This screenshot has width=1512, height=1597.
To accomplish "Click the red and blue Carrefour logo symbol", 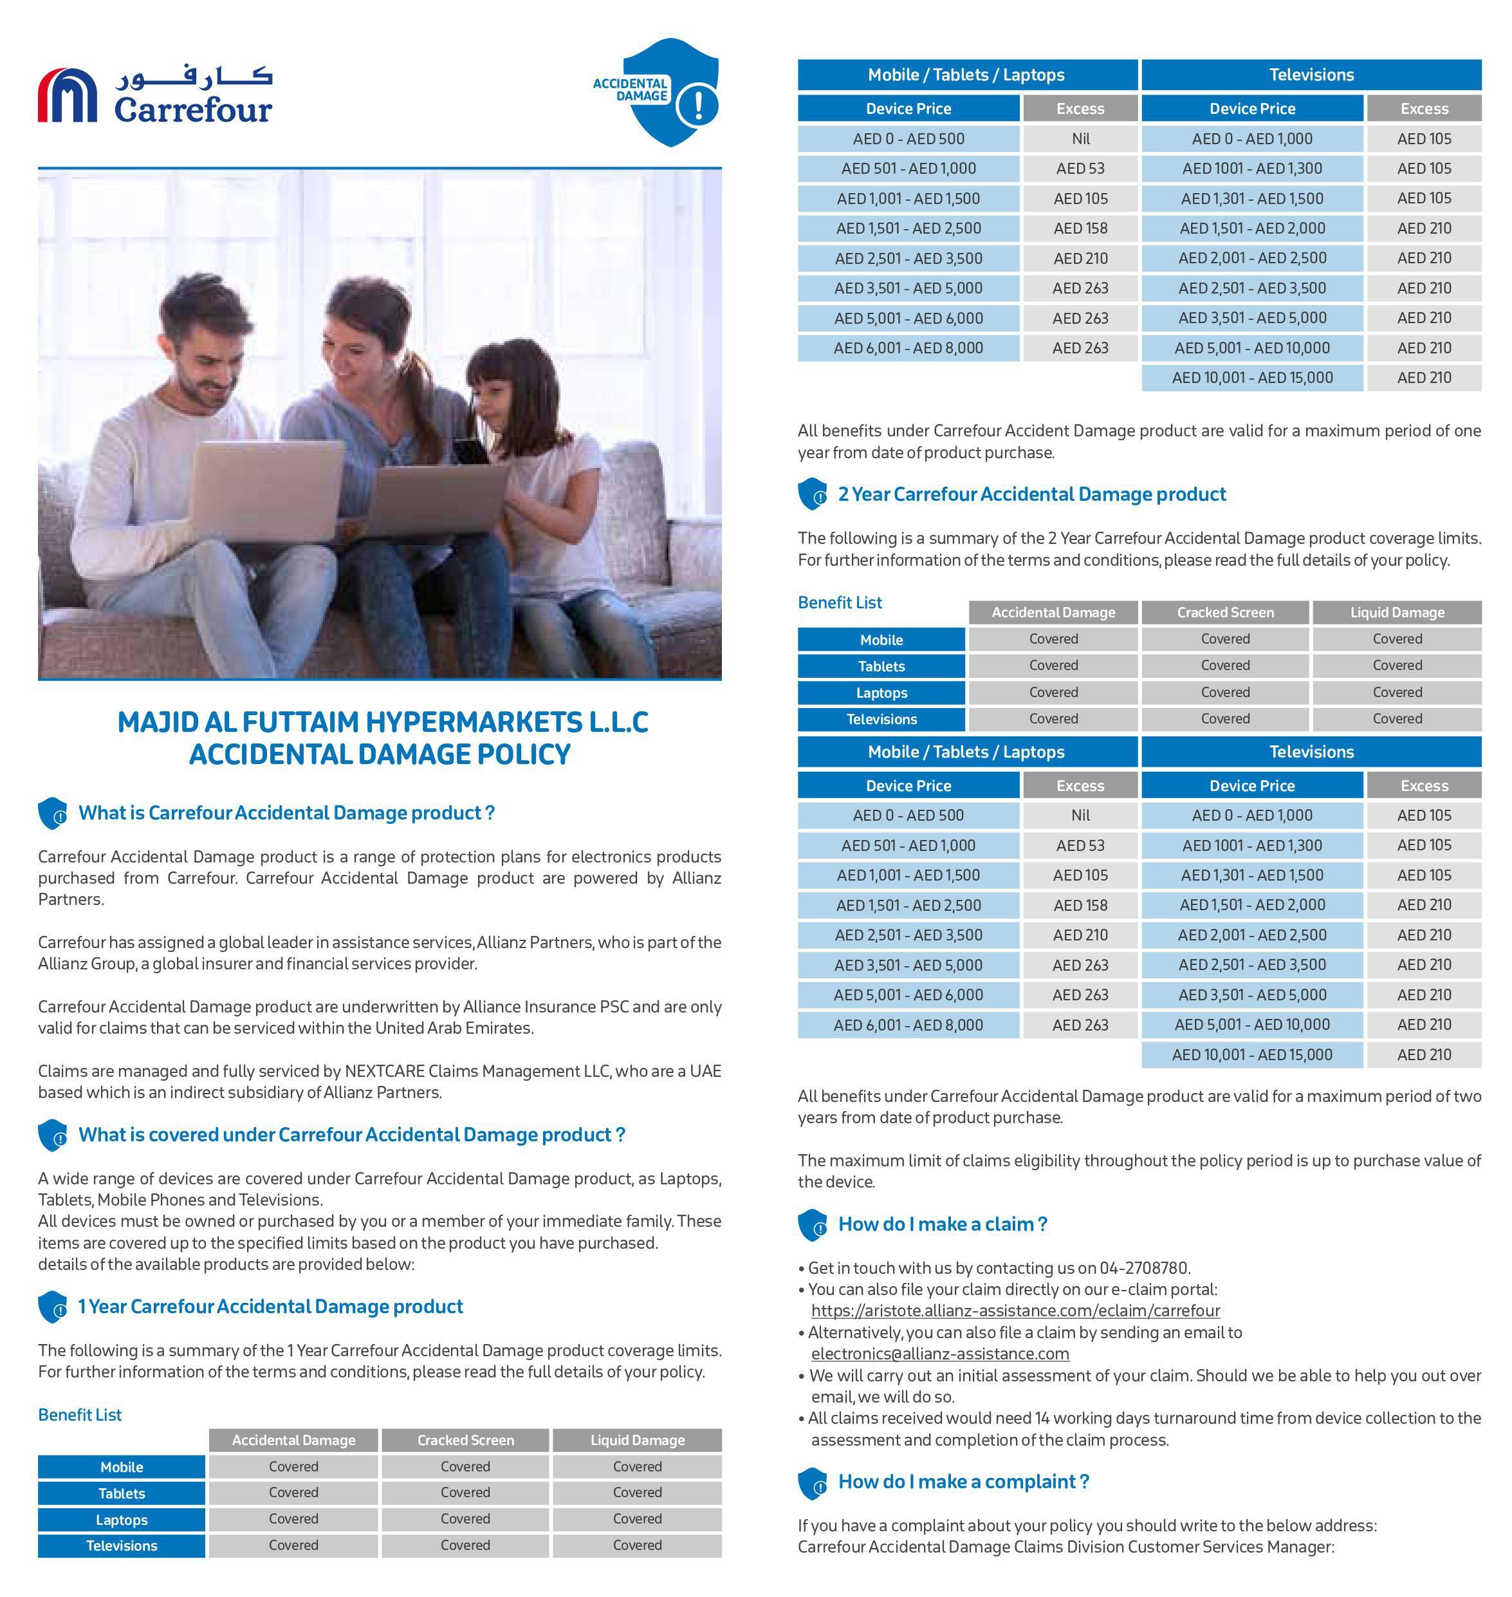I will [x=67, y=95].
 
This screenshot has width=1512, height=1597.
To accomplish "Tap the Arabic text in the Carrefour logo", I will [x=194, y=78].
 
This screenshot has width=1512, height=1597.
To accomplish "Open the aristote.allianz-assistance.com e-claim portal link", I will [x=1015, y=1310].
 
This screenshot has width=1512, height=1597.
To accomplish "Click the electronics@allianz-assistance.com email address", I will [x=940, y=1354].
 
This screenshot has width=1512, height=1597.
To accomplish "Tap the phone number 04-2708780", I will [x=1144, y=1267].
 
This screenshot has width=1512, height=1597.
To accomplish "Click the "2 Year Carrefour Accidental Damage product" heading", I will [x=1031, y=494].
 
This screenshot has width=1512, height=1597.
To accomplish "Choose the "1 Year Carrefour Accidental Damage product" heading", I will [x=270, y=1306].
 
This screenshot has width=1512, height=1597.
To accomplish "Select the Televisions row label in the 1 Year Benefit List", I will [x=122, y=1546].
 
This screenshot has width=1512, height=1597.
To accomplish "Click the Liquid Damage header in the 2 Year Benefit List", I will [x=1397, y=613].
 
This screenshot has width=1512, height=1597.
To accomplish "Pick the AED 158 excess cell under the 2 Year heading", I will [x=1080, y=905].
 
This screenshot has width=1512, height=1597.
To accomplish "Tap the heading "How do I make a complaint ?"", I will [x=963, y=1481].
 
